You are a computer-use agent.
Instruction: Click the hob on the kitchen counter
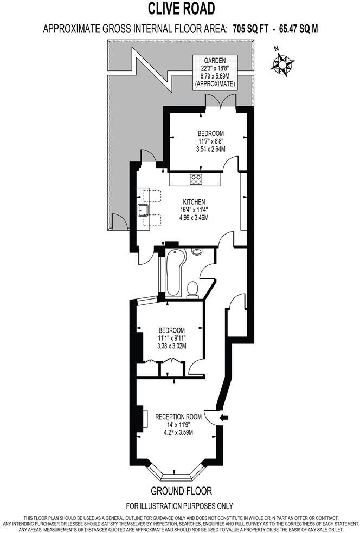coord(196,179)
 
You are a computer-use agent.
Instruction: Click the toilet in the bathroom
coord(192,290)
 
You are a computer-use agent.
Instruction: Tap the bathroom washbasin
coord(196,251)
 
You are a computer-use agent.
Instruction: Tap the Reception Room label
coord(178,417)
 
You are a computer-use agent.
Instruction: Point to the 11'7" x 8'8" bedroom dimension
coord(210,141)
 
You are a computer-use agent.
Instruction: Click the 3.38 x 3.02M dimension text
coord(171,346)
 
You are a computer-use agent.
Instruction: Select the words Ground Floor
coord(182,491)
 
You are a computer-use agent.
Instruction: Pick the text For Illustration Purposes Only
coord(180,506)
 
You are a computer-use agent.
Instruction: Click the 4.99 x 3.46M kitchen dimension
coord(194,217)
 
